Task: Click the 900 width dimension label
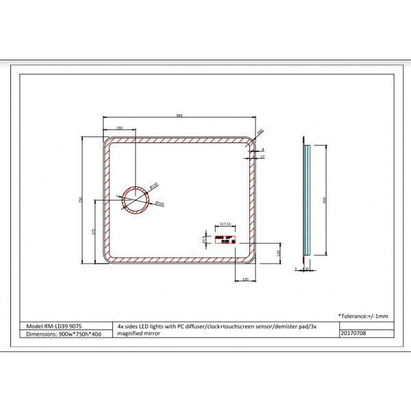179,116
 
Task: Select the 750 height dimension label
81,200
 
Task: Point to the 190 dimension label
119,128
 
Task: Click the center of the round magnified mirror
135,200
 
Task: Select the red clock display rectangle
225,240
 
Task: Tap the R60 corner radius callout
260,132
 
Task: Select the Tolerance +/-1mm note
363,315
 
